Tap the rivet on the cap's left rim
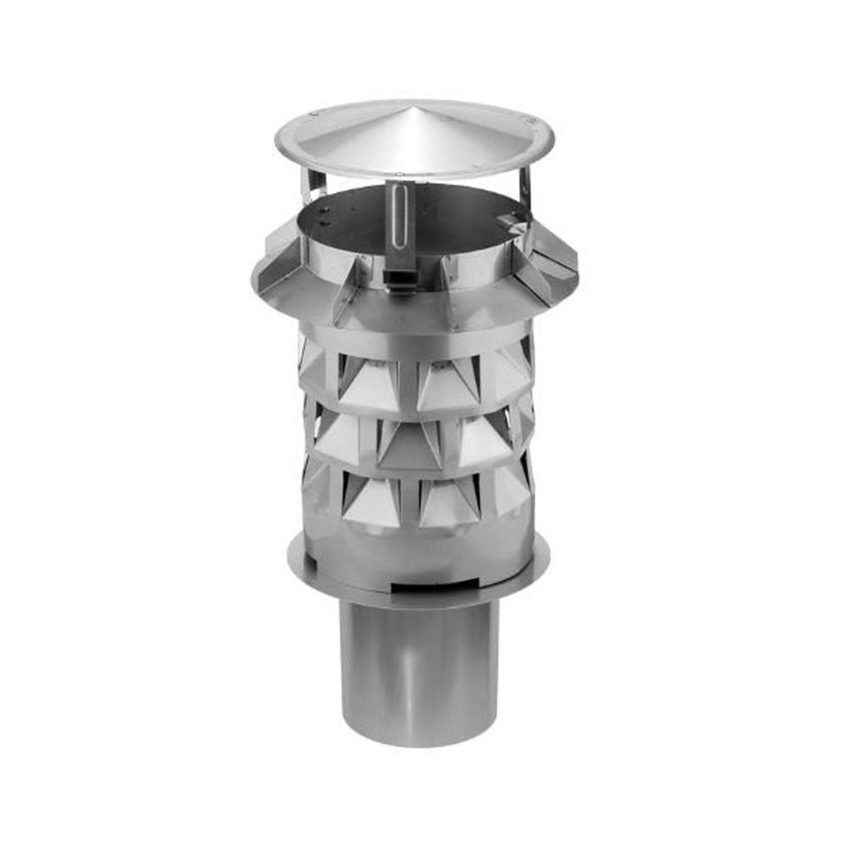point(314,113)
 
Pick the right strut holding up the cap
point(525,191)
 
